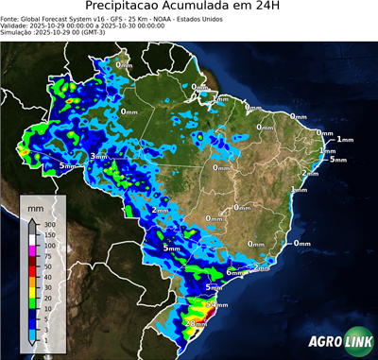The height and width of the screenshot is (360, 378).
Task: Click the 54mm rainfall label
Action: (216, 305)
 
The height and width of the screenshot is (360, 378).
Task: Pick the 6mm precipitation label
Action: (233, 272)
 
